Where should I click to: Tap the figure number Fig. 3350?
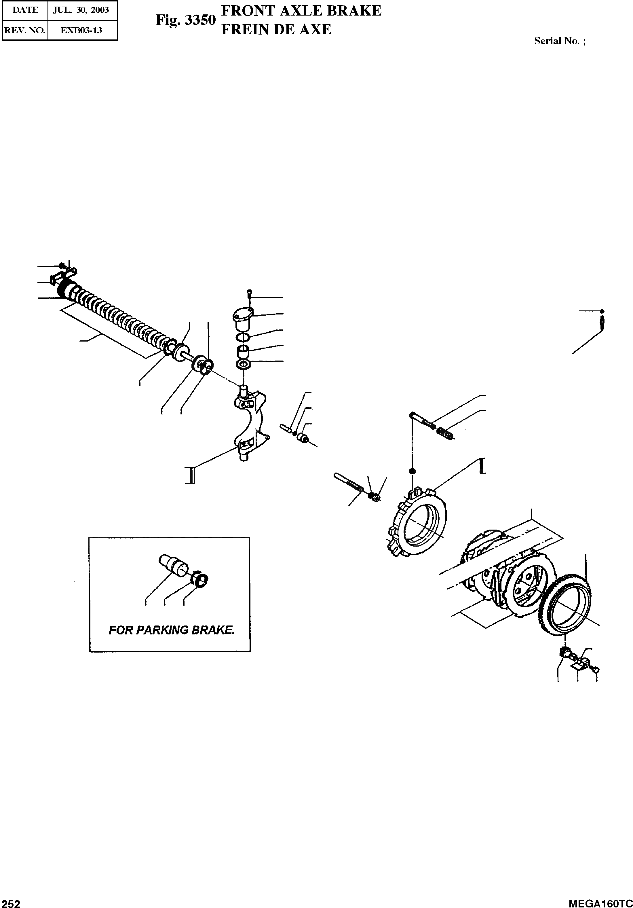click(x=185, y=20)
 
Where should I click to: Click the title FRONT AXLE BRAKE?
click(x=301, y=11)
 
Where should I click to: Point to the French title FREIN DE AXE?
click(x=276, y=29)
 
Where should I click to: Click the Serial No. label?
click(x=560, y=41)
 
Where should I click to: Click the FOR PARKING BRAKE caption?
click(x=172, y=630)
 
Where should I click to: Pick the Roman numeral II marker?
click(x=190, y=475)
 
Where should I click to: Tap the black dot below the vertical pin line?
click(x=412, y=471)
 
